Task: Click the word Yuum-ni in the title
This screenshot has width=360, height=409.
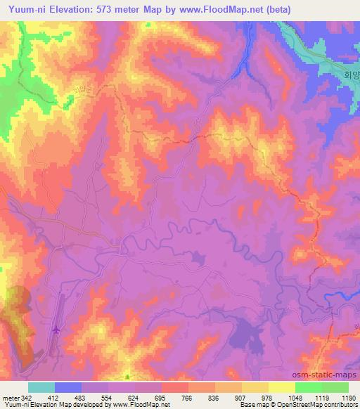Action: click(27, 10)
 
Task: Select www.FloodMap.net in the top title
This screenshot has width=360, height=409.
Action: click(221, 10)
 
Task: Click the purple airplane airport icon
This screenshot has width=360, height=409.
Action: click(56, 328)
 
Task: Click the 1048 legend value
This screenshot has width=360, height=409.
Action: click(294, 398)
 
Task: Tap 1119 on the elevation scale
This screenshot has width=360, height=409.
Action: click(321, 398)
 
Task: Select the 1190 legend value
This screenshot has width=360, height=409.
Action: click(348, 398)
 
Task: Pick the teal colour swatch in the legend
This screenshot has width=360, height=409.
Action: click(41, 387)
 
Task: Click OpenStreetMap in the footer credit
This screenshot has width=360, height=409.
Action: click(292, 405)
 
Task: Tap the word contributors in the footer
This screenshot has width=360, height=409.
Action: click(338, 405)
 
